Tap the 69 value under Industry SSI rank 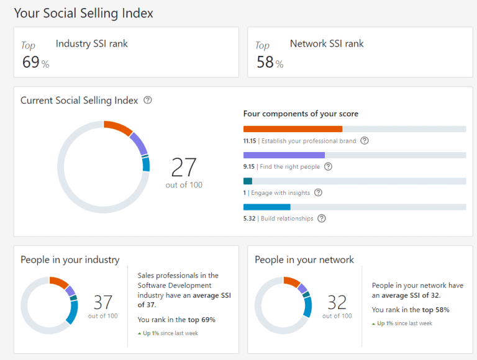pos(31,62)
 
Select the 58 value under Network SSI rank pos(265,62)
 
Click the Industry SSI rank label pos(91,43)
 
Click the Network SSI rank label pos(327,43)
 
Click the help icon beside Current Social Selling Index pos(147,100)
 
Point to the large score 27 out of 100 pos(184,168)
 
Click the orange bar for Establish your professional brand pos(293,129)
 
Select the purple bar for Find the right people pos(284,155)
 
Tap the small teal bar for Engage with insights pos(248,181)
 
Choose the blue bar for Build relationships pos(267,207)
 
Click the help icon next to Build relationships pos(321,218)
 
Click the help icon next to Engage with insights pos(318,192)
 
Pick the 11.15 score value pos(250,141)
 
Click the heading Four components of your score pos(301,114)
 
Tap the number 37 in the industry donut pos(102,302)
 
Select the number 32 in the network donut pos(337,302)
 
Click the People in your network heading pos(304,259)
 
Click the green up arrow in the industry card pos(140,333)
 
